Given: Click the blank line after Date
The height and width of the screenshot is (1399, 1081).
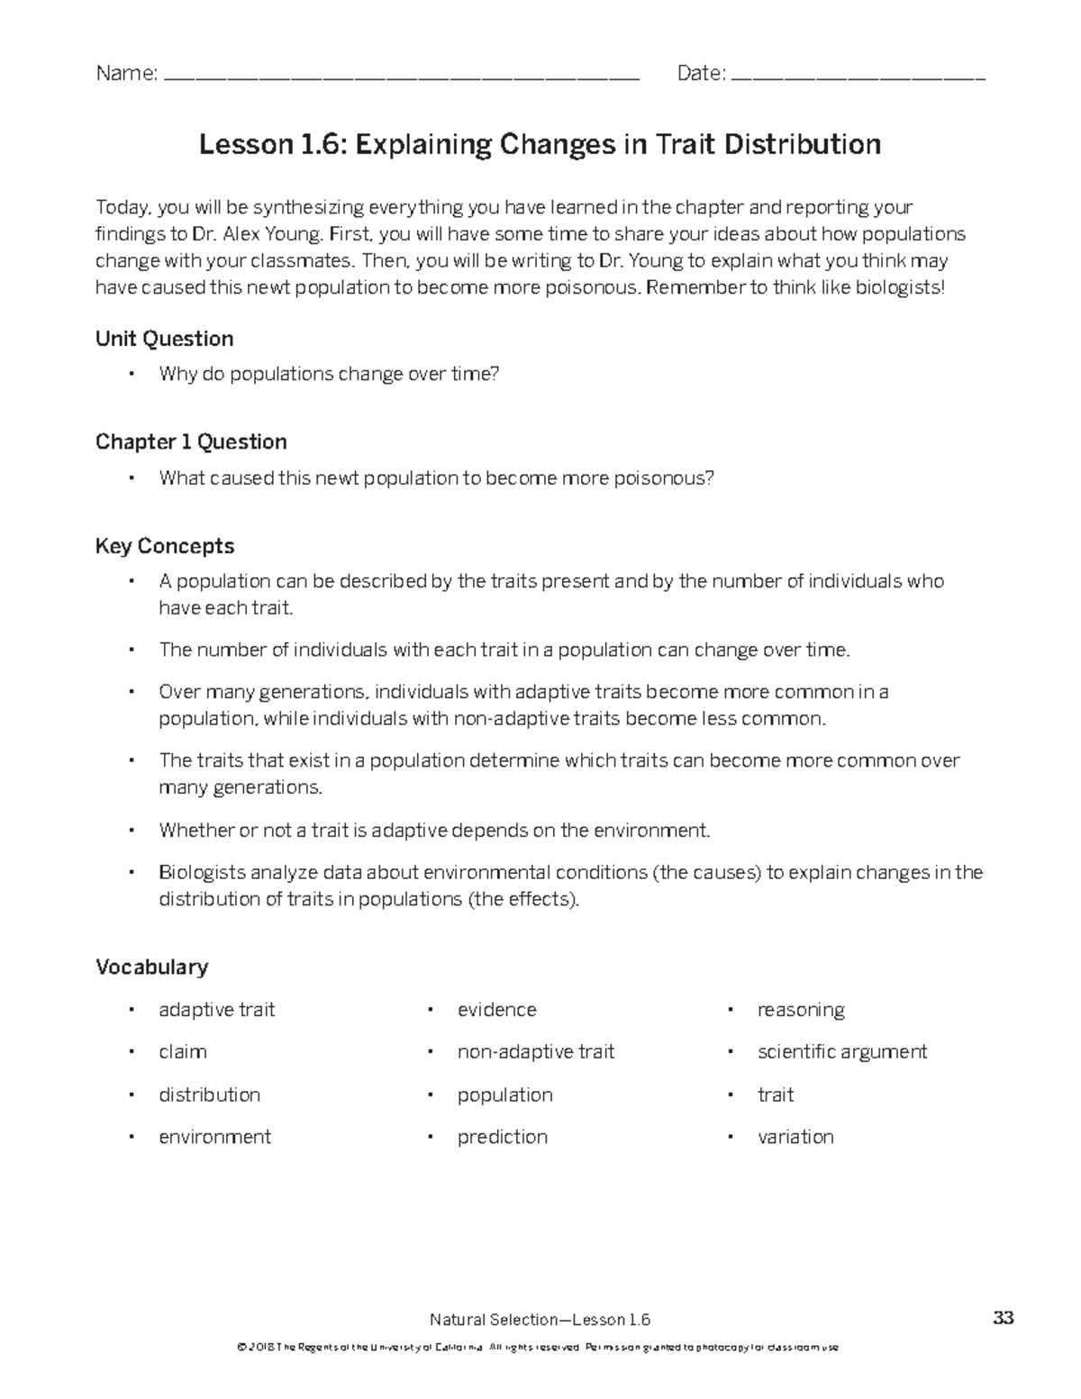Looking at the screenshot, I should pos(859,78).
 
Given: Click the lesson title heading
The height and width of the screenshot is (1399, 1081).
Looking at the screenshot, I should pos(540,144).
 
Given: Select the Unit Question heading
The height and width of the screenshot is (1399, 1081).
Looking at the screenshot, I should pos(165,339).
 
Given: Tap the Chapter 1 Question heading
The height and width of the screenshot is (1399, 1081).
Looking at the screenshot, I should pos(191,441).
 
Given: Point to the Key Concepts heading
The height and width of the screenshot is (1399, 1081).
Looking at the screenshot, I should pos(165,546).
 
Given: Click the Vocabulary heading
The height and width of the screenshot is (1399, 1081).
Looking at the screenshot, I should pos(151,967).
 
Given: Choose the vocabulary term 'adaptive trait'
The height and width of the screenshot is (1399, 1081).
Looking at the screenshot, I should pos(216,1009).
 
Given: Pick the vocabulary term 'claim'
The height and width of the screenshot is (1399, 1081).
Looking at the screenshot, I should pos(183,1051).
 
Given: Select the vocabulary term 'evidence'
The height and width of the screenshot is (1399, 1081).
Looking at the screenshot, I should pos(496,1009).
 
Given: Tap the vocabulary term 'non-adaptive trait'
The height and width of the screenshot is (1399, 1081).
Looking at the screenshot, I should pos(536,1051).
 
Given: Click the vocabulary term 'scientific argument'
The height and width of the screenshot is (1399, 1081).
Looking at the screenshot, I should pos(842,1051).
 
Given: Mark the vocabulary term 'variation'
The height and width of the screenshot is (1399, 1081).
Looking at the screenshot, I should pos(795,1137).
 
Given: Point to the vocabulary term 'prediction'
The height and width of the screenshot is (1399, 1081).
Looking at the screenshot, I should pos(503,1137).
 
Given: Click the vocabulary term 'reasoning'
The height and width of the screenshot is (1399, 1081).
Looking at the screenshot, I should pos(801,1009).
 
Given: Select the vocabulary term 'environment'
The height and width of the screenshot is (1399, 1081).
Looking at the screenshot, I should pos(214,1137).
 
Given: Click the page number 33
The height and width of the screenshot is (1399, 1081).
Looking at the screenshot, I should pos(1003,1318).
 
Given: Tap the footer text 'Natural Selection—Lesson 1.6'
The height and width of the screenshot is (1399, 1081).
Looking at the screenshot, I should pos(540,1320).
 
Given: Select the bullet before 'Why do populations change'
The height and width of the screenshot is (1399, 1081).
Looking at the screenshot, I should pos(132,374).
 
